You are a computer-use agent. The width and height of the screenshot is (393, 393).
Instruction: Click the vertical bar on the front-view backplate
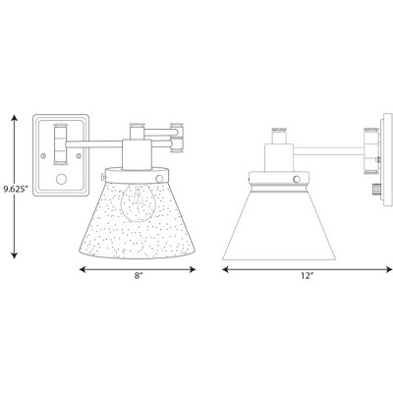pyautogui.click(x=62, y=141)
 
